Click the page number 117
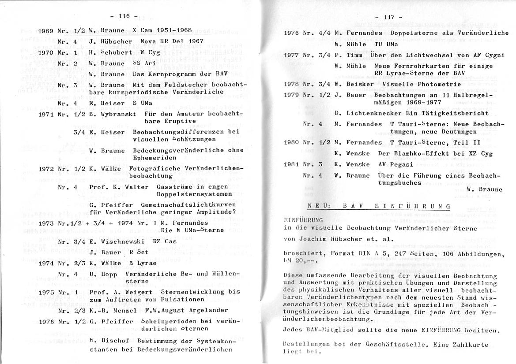388,17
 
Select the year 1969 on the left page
46,30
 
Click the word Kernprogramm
155,74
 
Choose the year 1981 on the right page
291,164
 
